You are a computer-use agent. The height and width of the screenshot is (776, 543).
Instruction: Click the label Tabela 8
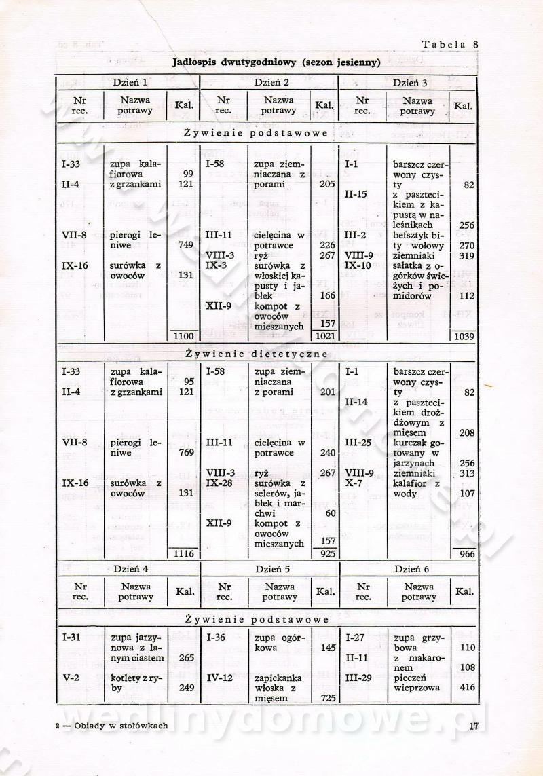pos(450,45)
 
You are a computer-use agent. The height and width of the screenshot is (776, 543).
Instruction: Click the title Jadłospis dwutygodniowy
pos(276,62)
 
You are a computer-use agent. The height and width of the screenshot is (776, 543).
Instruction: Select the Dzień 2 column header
pos(271,83)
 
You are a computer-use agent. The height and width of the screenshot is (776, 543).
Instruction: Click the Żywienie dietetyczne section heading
pos(256,354)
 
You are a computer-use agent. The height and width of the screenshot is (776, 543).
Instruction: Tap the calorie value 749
pos(186,246)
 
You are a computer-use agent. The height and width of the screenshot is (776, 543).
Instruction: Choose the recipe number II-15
pos(356,195)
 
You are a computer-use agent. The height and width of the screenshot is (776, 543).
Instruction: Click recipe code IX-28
pos(221,483)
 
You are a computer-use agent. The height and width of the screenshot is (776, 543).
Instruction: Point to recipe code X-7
pos(353,483)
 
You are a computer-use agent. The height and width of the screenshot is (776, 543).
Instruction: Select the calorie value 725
pos(328,698)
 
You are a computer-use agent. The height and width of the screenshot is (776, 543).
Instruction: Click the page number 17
pos(474,726)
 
